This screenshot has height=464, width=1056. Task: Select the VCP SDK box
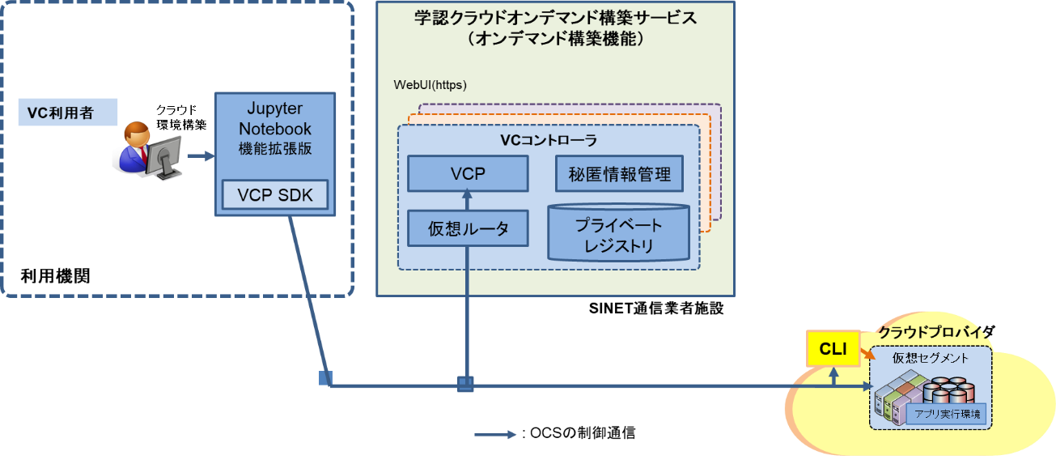(x=275, y=195)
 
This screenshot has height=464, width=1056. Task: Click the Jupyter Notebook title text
(x=275, y=118)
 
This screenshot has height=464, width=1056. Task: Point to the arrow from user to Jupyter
(x=199, y=156)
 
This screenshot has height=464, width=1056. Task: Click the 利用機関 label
(x=55, y=276)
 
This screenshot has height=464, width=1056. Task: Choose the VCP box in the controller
(x=468, y=172)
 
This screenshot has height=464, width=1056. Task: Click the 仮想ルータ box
(x=469, y=228)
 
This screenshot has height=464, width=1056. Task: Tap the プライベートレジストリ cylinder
(x=618, y=233)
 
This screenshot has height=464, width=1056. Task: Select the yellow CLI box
(x=833, y=349)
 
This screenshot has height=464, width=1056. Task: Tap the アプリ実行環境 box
(x=946, y=414)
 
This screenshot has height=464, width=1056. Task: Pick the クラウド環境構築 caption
(x=180, y=117)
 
